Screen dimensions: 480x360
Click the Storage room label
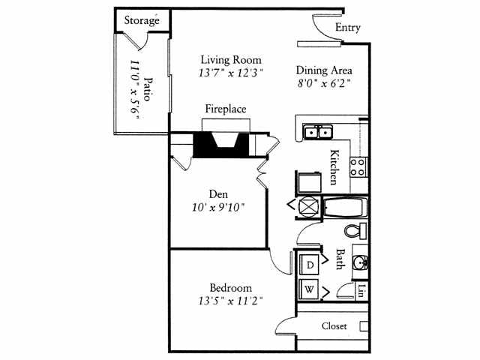[142, 20]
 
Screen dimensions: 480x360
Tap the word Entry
[348, 28]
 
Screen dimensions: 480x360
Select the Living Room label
[231, 60]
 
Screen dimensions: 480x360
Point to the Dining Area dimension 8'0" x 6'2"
[323, 83]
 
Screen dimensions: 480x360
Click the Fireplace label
[226, 109]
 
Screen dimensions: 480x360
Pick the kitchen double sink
[319, 133]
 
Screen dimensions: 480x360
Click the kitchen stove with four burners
[358, 166]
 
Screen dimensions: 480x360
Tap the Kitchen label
[334, 168]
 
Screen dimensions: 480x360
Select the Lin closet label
[361, 289]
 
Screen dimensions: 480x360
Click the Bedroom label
[231, 287]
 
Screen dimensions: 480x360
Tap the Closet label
[334, 326]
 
